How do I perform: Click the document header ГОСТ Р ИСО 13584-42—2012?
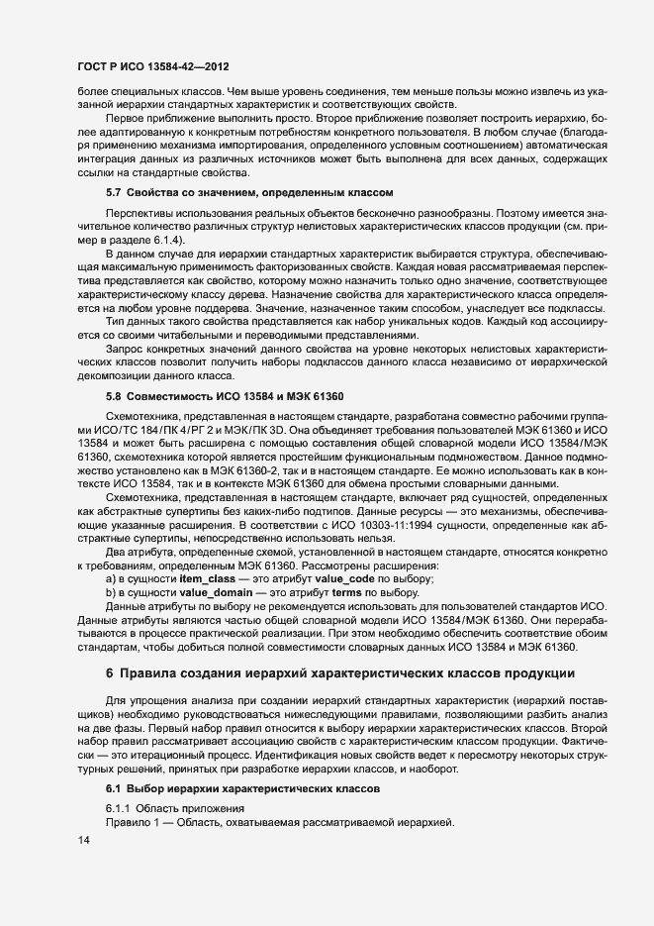coord(153,67)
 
